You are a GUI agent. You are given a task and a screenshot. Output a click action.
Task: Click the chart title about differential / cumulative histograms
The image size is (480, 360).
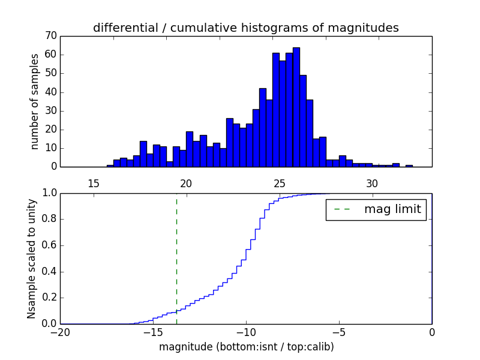click(245, 28)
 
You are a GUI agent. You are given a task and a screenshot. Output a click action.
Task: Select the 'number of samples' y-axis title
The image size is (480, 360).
click(35, 101)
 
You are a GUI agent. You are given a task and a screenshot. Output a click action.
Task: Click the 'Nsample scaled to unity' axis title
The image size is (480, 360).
click(31, 259)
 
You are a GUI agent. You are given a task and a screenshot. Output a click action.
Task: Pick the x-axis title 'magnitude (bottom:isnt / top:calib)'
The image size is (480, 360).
click(246, 347)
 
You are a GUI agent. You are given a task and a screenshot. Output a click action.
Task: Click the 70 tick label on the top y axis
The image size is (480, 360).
click(50, 36)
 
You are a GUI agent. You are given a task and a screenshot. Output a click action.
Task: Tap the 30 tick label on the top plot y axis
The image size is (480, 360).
click(50, 111)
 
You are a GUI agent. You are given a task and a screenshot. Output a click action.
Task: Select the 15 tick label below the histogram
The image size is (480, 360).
click(94, 183)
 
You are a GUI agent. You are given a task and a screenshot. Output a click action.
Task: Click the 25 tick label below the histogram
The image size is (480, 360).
click(279, 183)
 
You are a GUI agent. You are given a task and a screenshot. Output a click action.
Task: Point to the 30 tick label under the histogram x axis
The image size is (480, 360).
click(372, 183)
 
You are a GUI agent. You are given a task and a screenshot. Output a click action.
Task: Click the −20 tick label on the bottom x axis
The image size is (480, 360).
click(60, 332)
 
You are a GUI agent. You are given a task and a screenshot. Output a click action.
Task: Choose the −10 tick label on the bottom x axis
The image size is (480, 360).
click(246, 332)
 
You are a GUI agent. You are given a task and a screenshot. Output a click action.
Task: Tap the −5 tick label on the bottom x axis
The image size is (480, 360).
click(339, 332)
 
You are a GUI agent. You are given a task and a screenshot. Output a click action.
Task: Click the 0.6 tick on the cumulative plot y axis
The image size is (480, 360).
click(49, 245)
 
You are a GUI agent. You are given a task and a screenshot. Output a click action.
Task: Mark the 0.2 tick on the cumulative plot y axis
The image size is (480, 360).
click(49, 298)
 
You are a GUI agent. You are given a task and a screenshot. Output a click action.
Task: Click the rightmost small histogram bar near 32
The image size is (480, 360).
click(409, 166)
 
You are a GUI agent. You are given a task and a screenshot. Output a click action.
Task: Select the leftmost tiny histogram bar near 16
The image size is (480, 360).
click(110, 166)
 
